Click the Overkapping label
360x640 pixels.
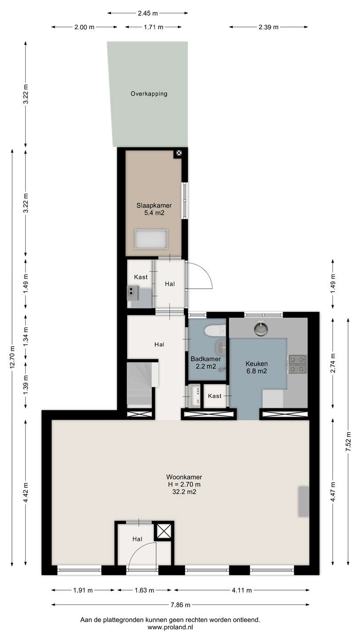(149, 94)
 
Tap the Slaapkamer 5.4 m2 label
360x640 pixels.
(154, 209)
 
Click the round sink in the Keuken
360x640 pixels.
(261, 328)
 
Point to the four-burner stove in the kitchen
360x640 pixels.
(297, 364)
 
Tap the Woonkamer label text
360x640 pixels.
(184, 477)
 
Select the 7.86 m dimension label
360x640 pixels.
(180, 605)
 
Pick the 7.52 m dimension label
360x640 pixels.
(348, 441)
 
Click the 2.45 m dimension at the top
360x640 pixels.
(148, 13)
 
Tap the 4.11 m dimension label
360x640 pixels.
(242, 590)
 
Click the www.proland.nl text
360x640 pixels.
(170, 628)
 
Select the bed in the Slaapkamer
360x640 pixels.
(151, 240)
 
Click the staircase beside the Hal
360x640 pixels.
(140, 384)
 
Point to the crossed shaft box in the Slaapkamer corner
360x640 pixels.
(179, 153)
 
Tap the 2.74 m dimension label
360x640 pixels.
(333, 363)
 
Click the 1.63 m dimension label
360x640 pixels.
(144, 590)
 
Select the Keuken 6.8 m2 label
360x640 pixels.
(256, 368)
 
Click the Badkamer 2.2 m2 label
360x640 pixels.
(206, 363)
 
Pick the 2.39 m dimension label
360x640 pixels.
(268, 28)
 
